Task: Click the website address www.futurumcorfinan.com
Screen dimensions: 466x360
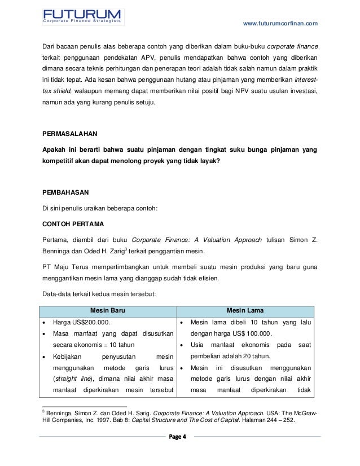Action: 280,23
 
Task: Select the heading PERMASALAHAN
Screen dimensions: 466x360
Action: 71,134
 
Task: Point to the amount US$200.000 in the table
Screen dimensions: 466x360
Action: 89,323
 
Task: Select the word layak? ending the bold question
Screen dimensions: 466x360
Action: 210,161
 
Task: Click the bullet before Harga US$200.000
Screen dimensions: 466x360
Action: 46,323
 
